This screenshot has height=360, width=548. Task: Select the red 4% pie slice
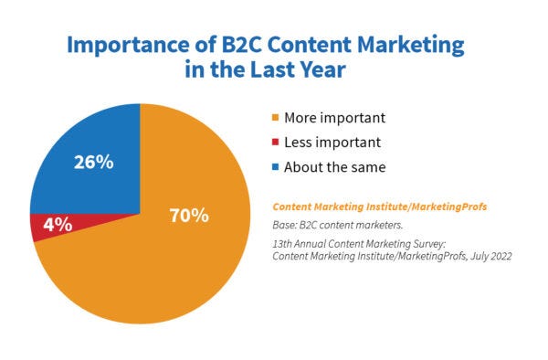[41, 227]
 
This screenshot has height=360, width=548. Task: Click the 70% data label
[189, 217]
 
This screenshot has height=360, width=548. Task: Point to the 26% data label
[92, 162]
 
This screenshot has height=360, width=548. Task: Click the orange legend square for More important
[273, 118]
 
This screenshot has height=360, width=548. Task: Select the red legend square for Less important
[273, 143]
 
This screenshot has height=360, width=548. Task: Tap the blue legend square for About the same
[273, 167]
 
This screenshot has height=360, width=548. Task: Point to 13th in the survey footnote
[283, 244]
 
